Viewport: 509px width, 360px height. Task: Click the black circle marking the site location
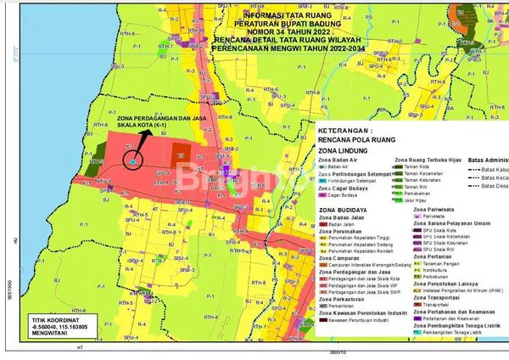133,159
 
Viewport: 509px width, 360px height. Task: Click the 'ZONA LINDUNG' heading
344,149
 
